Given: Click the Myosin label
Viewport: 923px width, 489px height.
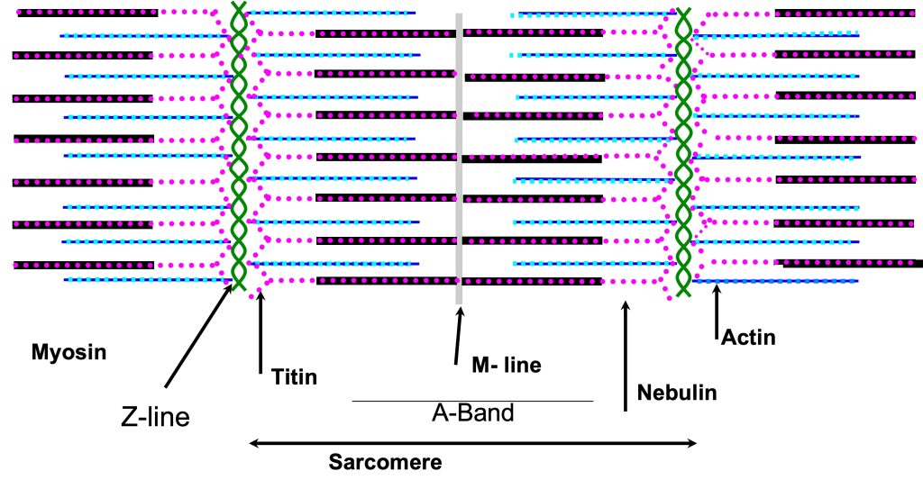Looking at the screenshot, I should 69,352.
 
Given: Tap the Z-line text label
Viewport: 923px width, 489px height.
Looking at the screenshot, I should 155,417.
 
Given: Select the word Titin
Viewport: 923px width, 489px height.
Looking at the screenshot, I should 294,376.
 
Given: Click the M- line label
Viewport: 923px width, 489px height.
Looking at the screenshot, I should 507,365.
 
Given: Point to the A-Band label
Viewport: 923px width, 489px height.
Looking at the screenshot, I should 473,413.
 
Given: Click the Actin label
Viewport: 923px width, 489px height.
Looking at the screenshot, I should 748,339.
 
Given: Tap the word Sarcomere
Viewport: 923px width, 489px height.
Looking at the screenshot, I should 385,464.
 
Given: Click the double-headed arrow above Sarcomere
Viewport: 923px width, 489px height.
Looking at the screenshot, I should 473,443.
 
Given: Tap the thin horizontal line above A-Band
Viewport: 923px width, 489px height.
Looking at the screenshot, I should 472,401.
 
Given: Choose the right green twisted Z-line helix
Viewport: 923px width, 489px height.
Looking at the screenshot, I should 683,149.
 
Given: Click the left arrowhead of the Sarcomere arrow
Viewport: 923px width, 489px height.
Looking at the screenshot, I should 254,443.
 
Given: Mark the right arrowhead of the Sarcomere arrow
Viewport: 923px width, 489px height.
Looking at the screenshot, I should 691,443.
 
